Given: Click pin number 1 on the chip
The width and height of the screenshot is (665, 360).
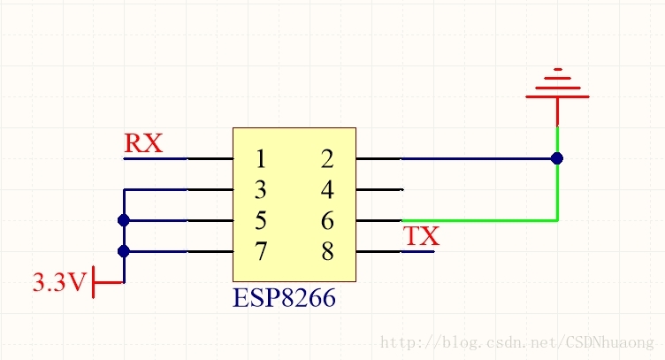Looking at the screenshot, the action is tap(260, 159).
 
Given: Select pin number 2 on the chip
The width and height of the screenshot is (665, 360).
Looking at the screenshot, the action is tap(327, 159).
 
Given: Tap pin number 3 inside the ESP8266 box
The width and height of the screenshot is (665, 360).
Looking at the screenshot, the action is tap(260, 190).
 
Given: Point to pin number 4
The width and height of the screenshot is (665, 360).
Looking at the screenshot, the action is tap(327, 190).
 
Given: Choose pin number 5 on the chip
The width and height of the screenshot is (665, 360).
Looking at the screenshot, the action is tap(260, 220).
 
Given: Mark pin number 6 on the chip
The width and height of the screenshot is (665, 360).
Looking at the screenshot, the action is tap(327, 220).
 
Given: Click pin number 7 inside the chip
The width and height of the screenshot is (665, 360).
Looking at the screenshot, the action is tap(260, 251).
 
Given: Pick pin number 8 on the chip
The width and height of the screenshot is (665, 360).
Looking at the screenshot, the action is tap(327, 251).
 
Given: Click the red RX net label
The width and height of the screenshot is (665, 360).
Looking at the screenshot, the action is tap(143, 143).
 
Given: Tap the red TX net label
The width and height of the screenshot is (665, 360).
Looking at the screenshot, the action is tap(421, 236).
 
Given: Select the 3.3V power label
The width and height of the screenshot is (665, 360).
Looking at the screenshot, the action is tap(59, 283).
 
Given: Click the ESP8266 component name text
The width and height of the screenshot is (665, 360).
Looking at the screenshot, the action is tap(284, 298).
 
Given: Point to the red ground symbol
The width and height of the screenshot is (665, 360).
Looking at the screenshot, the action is tap(557, 88).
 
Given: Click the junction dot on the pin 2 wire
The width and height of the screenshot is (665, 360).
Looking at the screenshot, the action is tap(557, 159).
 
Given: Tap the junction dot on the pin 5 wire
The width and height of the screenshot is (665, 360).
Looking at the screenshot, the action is tap(124, 220).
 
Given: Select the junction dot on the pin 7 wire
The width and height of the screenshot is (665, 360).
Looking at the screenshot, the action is tap(124, 251).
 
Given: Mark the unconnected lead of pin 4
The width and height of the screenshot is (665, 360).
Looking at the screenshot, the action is tap(380, 190).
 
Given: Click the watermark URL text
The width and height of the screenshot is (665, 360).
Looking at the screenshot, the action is tap(516, 341).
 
